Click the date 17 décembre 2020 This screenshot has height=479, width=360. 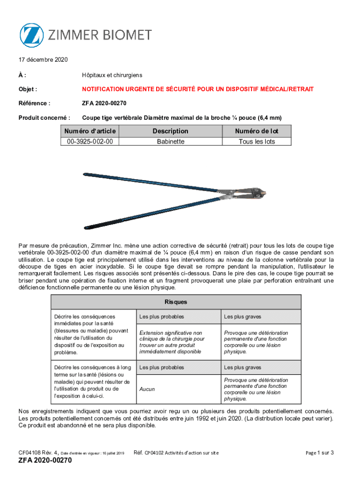(x=43, y=60)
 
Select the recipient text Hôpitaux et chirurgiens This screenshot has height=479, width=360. (x=112, y=75)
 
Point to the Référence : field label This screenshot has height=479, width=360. (x=34, y=103)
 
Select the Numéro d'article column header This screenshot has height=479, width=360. (x=90, y=131)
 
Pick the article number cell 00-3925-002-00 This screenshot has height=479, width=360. (x=90, y=141)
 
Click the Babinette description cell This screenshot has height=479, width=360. (x=170, y=141)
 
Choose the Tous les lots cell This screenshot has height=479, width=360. (x=257, y=141)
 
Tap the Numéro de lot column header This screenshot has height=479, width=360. (x=257, y=131)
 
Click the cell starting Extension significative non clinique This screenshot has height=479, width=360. (x=172, y=342)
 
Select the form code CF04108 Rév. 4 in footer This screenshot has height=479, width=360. (x=38, y=452)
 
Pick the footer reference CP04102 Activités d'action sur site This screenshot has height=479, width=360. (x=177, y=452)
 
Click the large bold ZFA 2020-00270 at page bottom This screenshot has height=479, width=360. (x=45, y=461)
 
